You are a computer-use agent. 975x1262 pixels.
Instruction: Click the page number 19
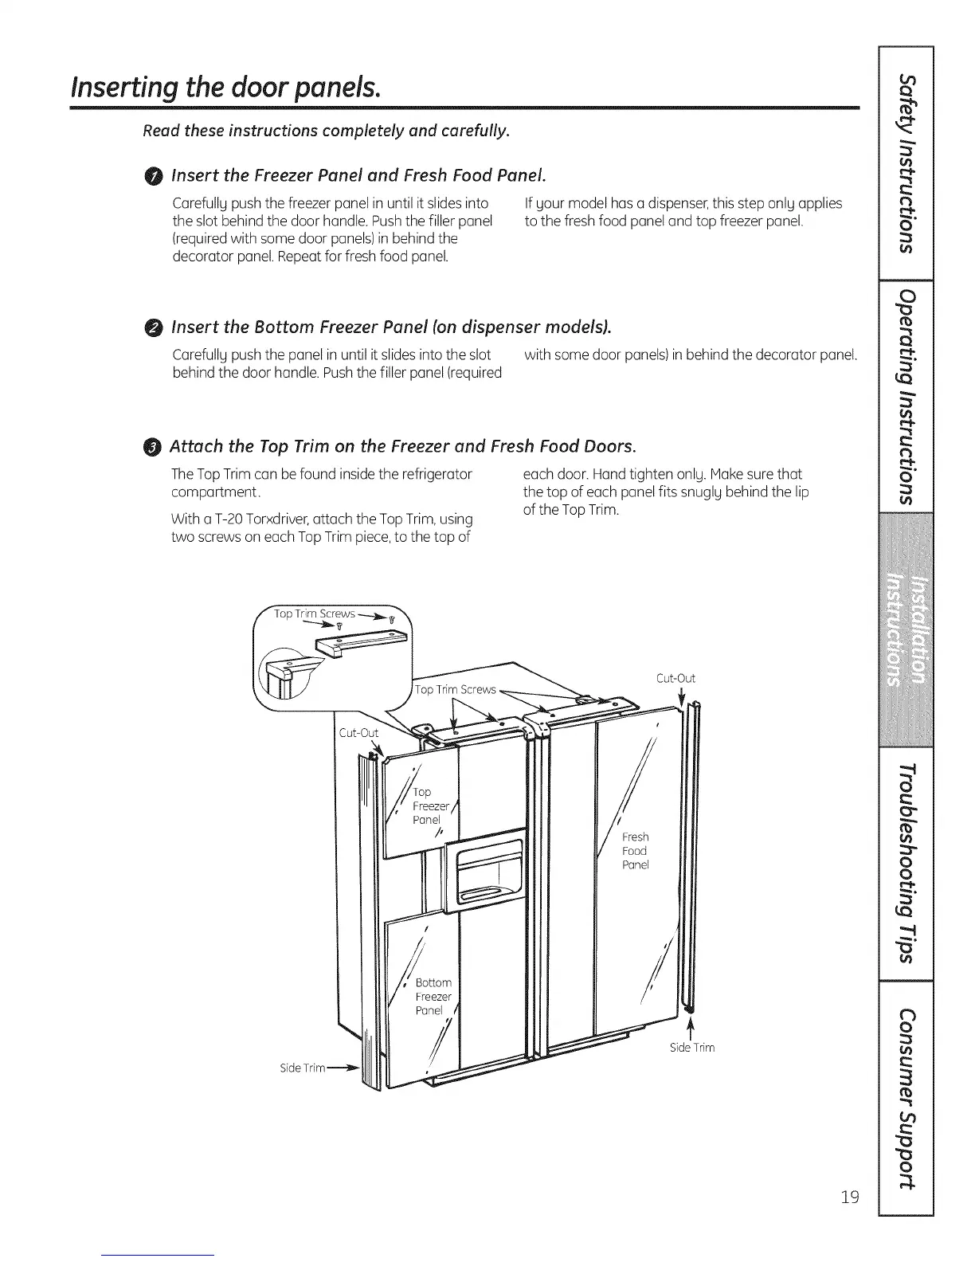(850, 1196)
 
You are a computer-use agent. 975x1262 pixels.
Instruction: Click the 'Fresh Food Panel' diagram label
(635, 851)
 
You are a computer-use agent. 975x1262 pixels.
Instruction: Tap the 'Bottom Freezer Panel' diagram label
(433, 997)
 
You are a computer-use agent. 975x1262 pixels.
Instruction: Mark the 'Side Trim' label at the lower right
(692, 1048)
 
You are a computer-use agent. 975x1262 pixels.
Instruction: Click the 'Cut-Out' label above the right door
(675, 679)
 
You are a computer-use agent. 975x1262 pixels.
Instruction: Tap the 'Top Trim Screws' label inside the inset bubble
(314, 614)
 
